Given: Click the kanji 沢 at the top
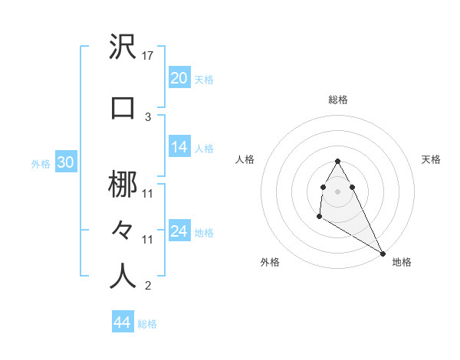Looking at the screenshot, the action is [x=123, y=47].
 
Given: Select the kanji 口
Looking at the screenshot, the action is [x=123, y=107].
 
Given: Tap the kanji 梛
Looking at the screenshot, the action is [x=123, y=185].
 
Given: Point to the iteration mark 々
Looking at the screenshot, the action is [x=123, y=230].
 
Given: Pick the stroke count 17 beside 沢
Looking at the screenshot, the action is [x=149, y=55].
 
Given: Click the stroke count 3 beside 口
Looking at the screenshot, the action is [x=148, y=116].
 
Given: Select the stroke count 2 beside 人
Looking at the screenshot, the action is [x=148, y=286].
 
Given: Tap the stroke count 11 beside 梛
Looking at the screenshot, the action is [x=148, y=193].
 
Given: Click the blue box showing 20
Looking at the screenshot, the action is [x=179, y=77].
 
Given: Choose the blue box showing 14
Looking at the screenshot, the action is [x=179, y=147].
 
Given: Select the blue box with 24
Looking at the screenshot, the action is [x=179, y=231].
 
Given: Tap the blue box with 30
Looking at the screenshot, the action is [x=65, y=162].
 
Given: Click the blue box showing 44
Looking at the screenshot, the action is [x=123, y=322].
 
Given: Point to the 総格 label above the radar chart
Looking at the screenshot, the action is [x=338, y=100].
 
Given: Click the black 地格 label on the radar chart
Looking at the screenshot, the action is [x=402, y=262].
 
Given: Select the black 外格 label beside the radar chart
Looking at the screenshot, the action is [x=270, y=262].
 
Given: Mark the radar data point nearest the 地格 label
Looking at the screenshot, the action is [x=383, y=254].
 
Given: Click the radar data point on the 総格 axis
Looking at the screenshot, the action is [x=337, y=161].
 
